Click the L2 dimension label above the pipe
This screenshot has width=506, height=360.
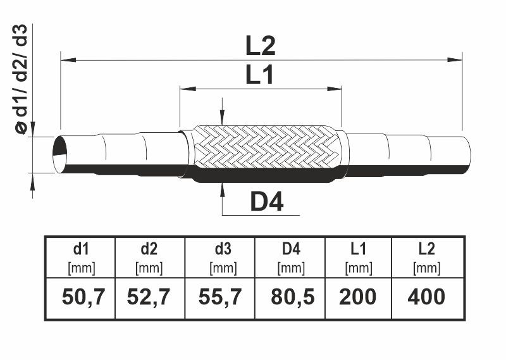point(261,46)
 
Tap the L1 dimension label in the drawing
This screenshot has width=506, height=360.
point(259,75)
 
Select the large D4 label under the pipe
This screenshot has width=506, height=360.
point(267,201)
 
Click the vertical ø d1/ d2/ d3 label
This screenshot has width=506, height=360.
point(22,79)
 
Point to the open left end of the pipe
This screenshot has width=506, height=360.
point(60,154)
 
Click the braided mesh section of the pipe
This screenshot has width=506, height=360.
point(267,147)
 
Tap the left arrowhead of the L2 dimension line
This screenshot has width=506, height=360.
point(68,59)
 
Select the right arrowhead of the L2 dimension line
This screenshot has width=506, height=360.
point(454,59)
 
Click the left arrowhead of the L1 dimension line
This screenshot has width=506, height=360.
point(188,89)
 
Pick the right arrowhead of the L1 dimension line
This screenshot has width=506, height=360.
point(334,89)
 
